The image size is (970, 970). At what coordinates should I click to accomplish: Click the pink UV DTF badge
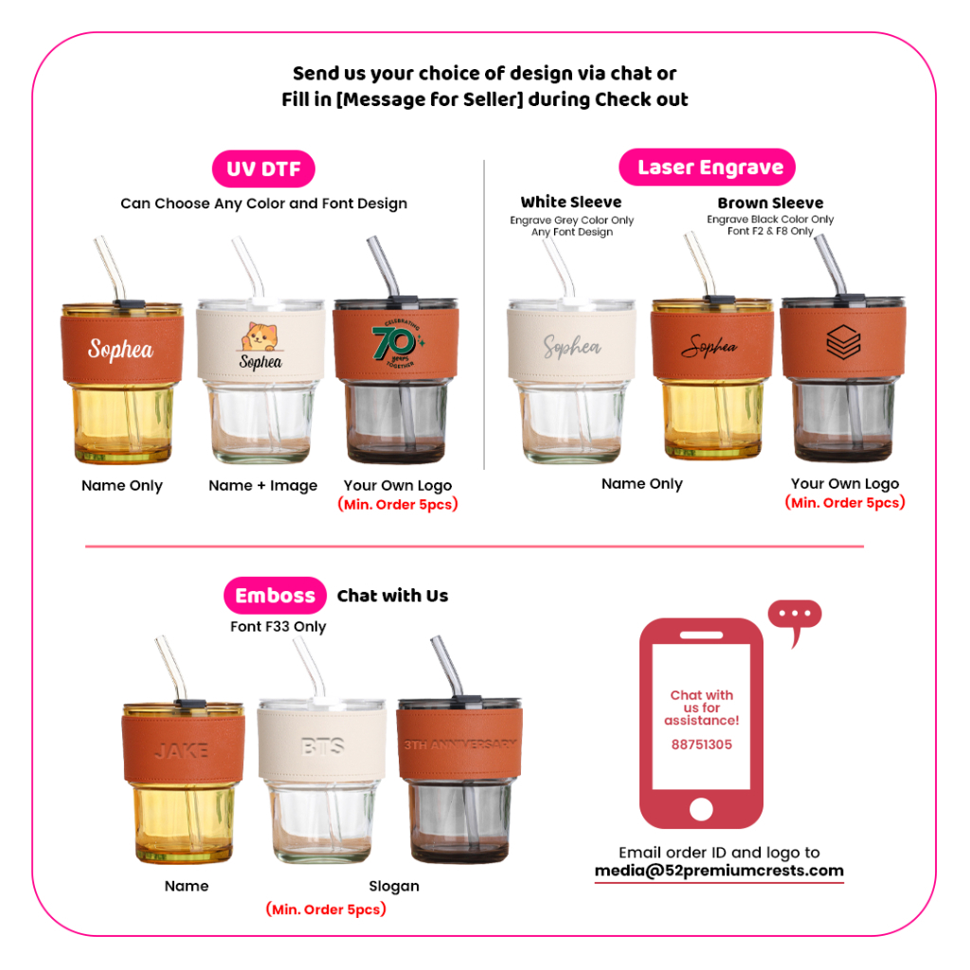click(x=263, y=169)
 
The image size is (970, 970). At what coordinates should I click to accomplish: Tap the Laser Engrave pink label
click(x=707, y=167)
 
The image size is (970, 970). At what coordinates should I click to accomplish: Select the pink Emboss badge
click(x=276, y=595)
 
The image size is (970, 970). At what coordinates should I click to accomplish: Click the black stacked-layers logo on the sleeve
click(x=843, y=342)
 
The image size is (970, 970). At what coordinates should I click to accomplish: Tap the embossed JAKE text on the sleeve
click(x=181, y=750)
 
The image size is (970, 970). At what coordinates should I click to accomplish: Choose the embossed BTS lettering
click(x=322, y=746)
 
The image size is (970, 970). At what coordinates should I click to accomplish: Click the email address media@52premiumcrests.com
click(x=719, y=871)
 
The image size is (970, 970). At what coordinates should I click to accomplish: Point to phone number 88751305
click(x=702, y=745)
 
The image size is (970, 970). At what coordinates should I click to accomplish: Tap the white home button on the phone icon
click(x=701, y=809)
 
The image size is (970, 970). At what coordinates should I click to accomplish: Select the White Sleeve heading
click(x=571, y=202)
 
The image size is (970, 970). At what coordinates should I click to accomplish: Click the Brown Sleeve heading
click(x=770, y=203)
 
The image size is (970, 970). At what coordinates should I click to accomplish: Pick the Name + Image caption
click(x=263, y=486)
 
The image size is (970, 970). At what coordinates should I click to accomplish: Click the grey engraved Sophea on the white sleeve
click(x=572, y=347)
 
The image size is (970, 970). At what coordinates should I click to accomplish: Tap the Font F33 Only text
click(x=278, y=627)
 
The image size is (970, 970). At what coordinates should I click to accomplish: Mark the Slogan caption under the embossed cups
click(x=394, y=886)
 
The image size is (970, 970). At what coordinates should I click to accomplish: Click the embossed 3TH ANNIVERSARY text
click(x=460, y=745)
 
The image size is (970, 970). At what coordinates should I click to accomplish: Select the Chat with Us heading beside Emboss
click(x=393, y=595)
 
